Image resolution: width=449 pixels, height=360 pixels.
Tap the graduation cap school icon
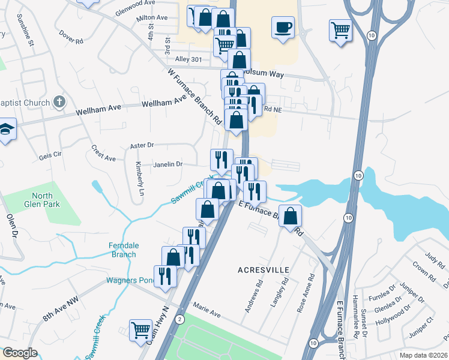(x=6, y=130)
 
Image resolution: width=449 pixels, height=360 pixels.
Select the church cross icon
(x=59, y=102)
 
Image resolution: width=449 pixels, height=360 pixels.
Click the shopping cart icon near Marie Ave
(x=140, y=329)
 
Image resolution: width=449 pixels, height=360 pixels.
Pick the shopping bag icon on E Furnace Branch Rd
(x=290, y=217)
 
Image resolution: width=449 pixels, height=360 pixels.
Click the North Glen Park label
(x=43, y=200)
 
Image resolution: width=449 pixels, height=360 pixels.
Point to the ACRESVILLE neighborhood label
(x=264, y=269)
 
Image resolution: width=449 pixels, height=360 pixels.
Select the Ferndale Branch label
(x=123, y=250)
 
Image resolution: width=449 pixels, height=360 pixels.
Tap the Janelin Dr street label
(x=168, y=164)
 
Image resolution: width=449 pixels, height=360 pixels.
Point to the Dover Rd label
(x=70, y=39)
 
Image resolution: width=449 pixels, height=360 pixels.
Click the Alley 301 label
(x=190, y=59)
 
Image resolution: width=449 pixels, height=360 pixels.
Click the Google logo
(x=20, y=353)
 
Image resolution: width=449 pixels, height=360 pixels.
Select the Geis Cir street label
(x=50, y=154)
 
